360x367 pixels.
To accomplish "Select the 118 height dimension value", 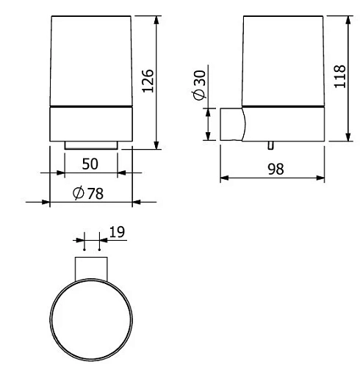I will pos(339,75).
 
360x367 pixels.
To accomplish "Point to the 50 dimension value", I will pos(90,164).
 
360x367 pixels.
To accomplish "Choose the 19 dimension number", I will pos(115,232).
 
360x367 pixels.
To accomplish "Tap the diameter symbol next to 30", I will pos(199,97).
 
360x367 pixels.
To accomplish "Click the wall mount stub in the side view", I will pos(232,124).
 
